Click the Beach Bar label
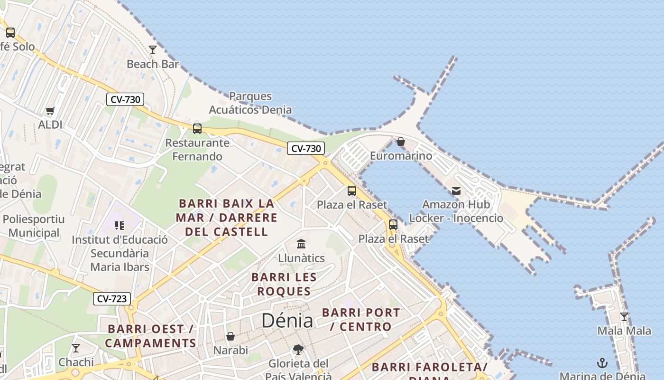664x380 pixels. pyautogui.click(x=153, y=64)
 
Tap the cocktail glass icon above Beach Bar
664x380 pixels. pyautogui.click(x=153, y=49)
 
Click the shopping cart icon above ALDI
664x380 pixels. pyautogui.click(x=50, y=111)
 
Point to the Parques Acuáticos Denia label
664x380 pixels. pyautogui.click(x=250, y=103)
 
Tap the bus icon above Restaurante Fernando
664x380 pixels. pyautogui.click(x=197, y=128)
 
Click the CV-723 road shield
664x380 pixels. pyautogui.click(x=112, y=299)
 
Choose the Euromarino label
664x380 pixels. pyautogui.click(x=401, y=156)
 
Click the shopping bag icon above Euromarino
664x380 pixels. pyautogui.click(x=401, y=142)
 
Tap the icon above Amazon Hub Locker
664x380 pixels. pyautogui.click(x=456, y=191)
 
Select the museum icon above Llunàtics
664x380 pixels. pyautogui.click(x=301, y=244)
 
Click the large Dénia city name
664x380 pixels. pyautogui.click(x=287, y=321)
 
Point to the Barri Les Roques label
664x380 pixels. pyautogui.click(x=284, y=284)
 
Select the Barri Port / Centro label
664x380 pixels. pyautogui.click(x=361, y=320)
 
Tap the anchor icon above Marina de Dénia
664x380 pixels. pyautogui.click(x=602, y=363)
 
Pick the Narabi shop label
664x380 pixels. pyautogui.click(x=231, y=351)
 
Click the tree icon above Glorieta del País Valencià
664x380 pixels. pyautogui.click(x=298, y=350)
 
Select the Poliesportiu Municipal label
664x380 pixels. pyautogui.click(x=34, y=226)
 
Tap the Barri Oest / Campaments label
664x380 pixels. pyautogui.click(x=150, y=336)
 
